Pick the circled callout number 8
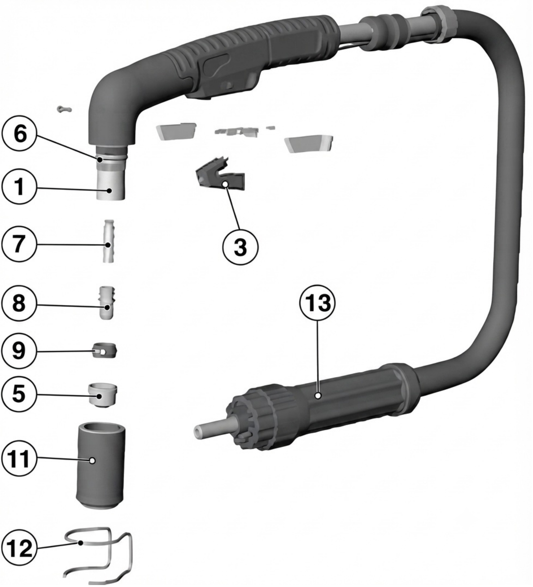(19, 303)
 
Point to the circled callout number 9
(19, 351)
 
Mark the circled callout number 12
(19, 548)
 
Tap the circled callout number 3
(240, 247)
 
